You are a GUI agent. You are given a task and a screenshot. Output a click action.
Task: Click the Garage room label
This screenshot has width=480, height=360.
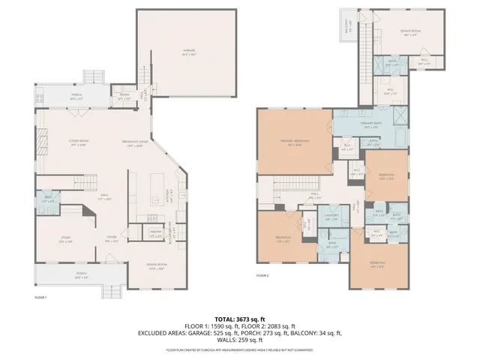(184, 52)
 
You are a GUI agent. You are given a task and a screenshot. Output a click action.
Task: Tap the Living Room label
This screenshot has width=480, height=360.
(79, 142)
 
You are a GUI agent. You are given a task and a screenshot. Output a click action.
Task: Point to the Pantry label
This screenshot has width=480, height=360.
(156, 233)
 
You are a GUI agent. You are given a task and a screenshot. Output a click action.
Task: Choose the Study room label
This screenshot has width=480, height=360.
(65, 240)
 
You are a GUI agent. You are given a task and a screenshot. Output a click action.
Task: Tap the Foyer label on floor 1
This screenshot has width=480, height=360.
(110, 240)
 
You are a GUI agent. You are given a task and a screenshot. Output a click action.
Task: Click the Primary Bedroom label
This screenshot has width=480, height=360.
(295, 142)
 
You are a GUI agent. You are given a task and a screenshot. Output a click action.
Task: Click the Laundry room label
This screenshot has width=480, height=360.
(332, 217)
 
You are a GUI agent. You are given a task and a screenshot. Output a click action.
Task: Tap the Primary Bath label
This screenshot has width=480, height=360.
(367, 124)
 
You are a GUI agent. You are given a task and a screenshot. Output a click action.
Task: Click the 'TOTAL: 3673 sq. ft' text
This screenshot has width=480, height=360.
(240, 319)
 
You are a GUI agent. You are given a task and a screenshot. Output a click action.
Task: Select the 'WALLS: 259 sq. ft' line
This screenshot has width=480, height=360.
(240, 339)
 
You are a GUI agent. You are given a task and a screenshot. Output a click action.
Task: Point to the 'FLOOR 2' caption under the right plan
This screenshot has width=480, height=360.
(262, 276)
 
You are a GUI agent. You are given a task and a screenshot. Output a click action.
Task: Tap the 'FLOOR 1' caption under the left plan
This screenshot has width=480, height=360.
(40, 298)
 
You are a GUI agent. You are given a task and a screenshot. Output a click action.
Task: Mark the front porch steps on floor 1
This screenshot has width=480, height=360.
(112, 291)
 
